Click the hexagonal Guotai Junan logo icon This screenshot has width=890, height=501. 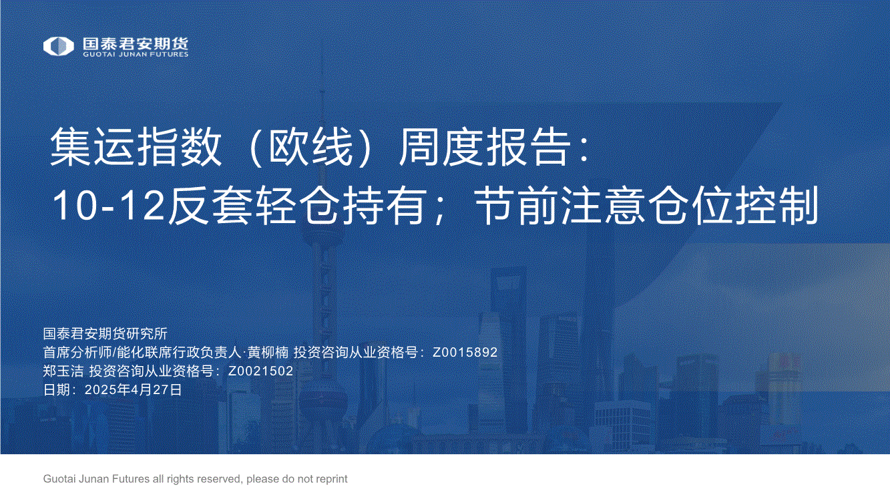(58, 46)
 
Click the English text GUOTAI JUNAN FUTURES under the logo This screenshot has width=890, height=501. (136, 54)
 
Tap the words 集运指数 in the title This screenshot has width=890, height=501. (136, 147)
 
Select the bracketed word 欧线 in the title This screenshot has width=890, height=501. (311, 147)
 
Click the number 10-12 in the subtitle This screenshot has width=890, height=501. (108, 206)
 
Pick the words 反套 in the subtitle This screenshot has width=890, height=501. (210, 206)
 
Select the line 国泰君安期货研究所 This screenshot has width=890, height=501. (105, 333)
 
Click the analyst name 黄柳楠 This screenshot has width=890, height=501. (268, 352)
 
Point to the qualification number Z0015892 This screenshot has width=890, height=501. (465, 352)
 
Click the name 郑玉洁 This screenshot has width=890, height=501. (63, 371)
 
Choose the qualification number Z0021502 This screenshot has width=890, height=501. (260, 371)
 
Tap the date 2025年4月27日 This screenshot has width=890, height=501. (133, 389)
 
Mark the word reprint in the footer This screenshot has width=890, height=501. (332, 479)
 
